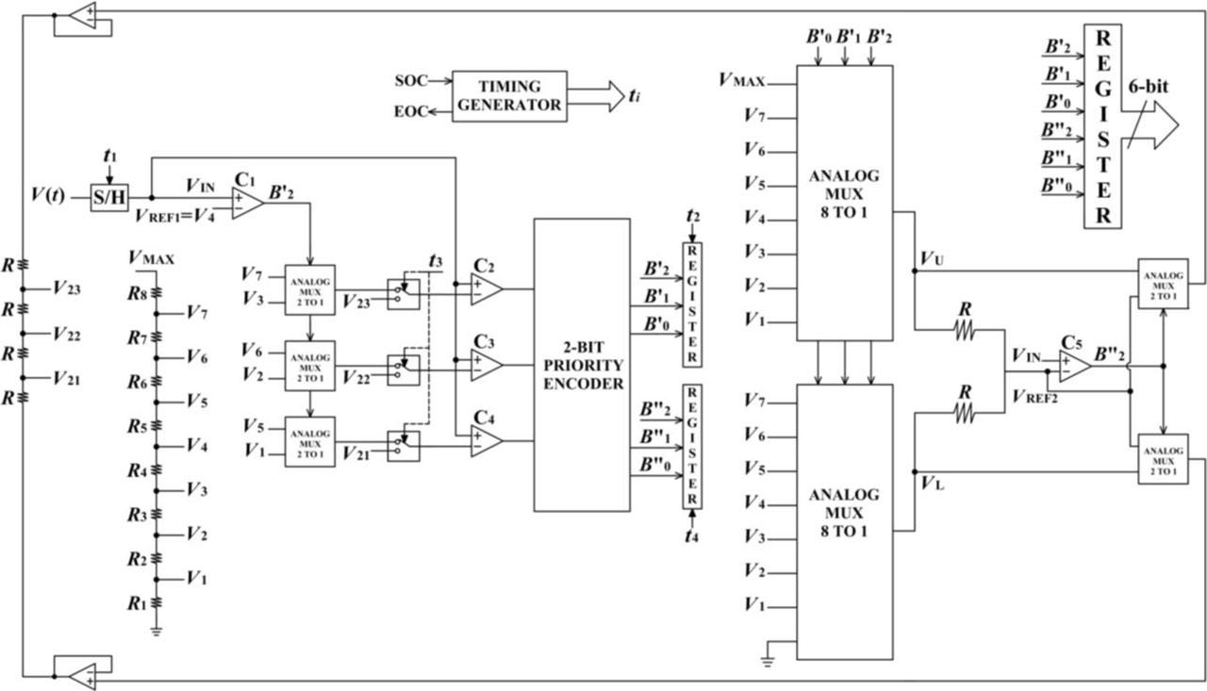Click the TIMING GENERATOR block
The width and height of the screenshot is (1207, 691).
pos(509,95)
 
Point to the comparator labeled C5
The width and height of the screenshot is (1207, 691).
pos(1074,366)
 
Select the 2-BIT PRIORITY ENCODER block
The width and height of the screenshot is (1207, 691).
pos(582,365)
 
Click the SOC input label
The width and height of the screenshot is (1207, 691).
pos(411,79)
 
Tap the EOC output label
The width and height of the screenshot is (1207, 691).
pos(411,112)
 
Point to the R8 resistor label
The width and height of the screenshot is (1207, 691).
pos(138,293)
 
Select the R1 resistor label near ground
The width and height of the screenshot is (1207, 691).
pos(138,602)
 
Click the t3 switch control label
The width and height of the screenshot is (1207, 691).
pos(435,260)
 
